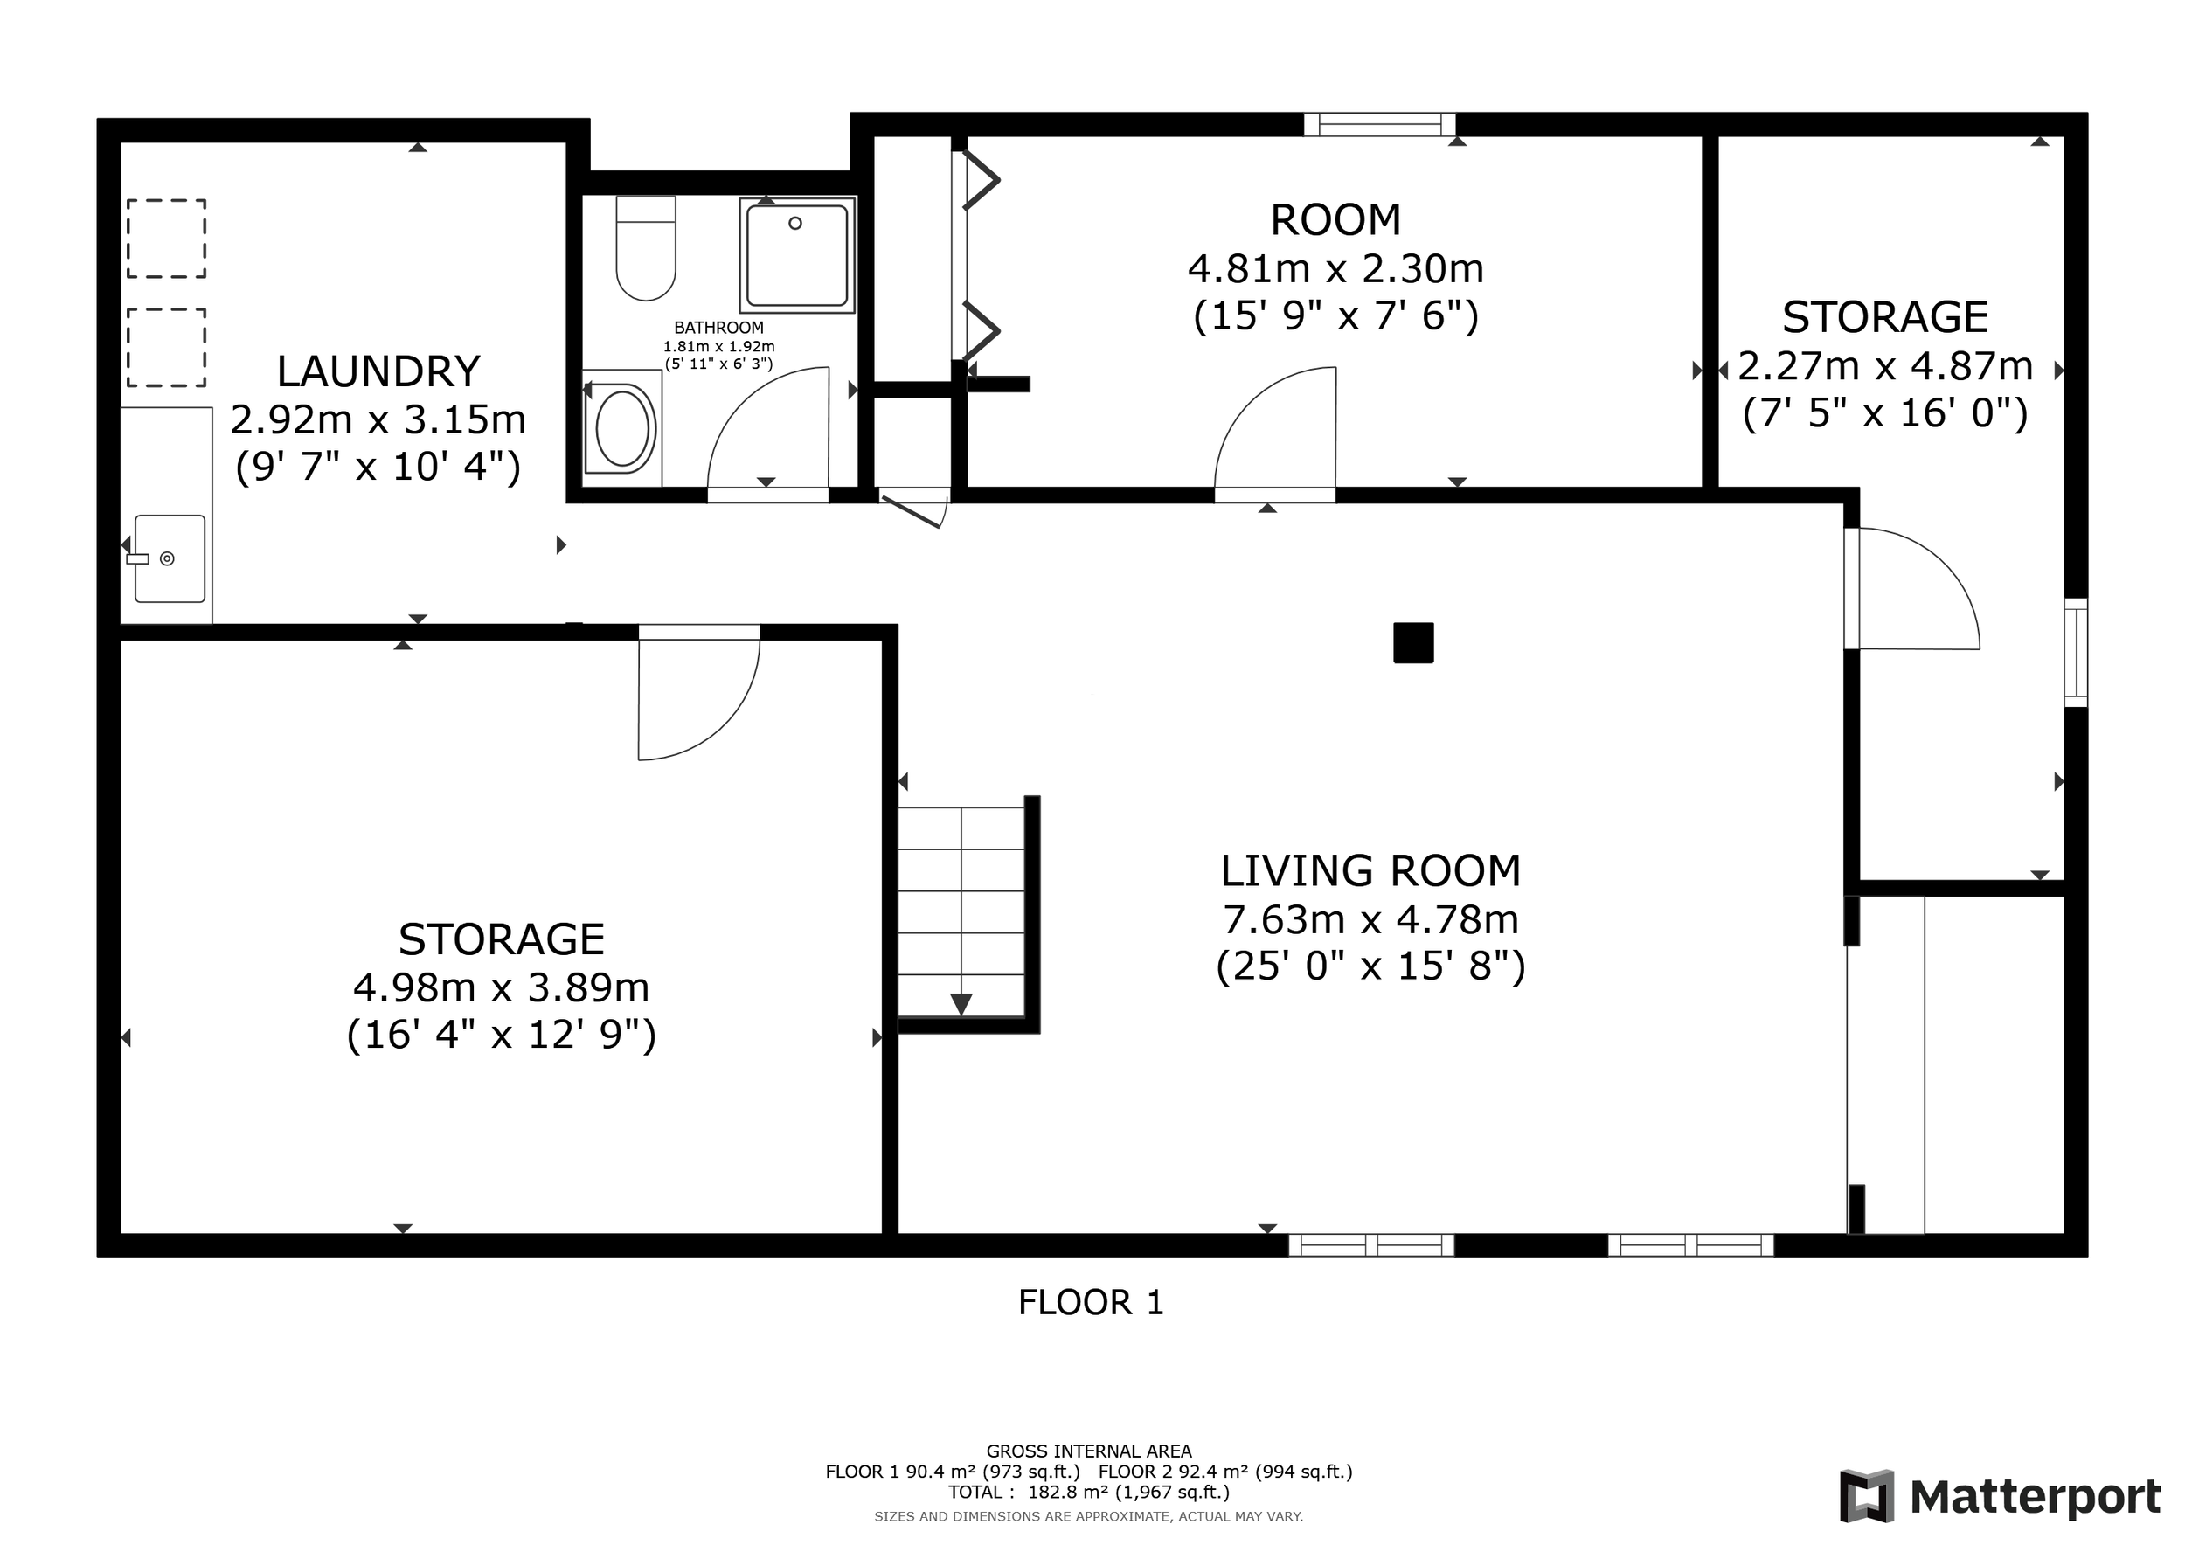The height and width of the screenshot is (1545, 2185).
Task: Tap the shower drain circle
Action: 795,223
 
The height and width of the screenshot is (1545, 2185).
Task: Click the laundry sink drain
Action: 168,558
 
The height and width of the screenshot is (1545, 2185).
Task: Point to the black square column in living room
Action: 1413,642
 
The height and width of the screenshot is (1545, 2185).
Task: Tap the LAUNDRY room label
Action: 378,371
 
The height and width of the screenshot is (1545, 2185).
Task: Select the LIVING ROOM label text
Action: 1370,870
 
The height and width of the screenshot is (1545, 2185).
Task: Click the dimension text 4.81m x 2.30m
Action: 1335,269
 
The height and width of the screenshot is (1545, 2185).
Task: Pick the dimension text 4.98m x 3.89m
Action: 502,987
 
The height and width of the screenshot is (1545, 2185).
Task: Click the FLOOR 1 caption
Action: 1091,1302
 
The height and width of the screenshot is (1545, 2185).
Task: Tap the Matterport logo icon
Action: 1866,1495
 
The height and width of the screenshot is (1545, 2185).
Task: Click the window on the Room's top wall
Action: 1379,125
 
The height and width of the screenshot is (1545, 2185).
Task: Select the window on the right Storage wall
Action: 2075,653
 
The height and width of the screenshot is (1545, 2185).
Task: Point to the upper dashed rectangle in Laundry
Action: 167,238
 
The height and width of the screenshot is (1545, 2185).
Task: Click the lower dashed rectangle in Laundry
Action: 167,347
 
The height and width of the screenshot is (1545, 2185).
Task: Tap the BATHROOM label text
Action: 718,329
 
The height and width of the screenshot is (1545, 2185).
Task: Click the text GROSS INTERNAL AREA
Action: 1089,1451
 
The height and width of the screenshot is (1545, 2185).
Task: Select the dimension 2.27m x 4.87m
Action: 1885,366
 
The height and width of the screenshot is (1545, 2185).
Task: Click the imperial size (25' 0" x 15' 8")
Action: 1370,966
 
